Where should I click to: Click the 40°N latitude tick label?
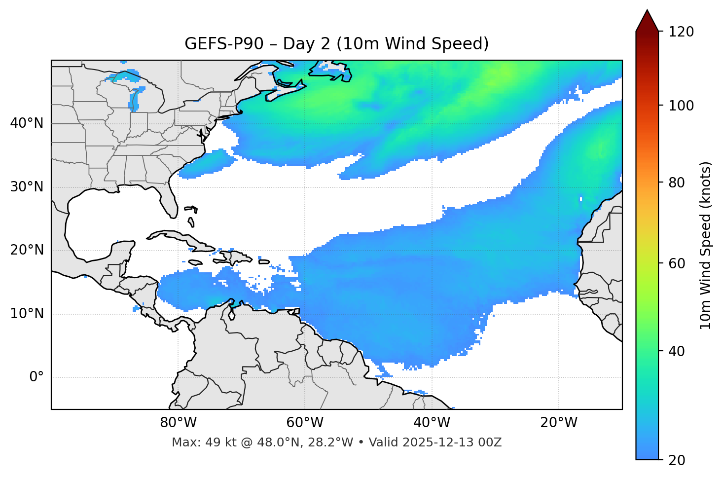tap(27, 123)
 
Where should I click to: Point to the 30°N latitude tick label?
tap(27, 187)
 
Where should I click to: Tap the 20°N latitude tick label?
tap(27, 250)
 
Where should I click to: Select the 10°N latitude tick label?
tap(27, 314)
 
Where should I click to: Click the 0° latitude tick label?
tap(36, 377)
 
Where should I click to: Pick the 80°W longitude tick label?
tap(178, 423)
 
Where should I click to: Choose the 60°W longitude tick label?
tap(305, 423)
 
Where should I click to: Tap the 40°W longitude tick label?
tap(432, 423)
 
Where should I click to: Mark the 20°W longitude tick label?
tap(558, 423)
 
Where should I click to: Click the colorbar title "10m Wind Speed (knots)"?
tap(706, 245)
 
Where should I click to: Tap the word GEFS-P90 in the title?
tap(215, 44)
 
